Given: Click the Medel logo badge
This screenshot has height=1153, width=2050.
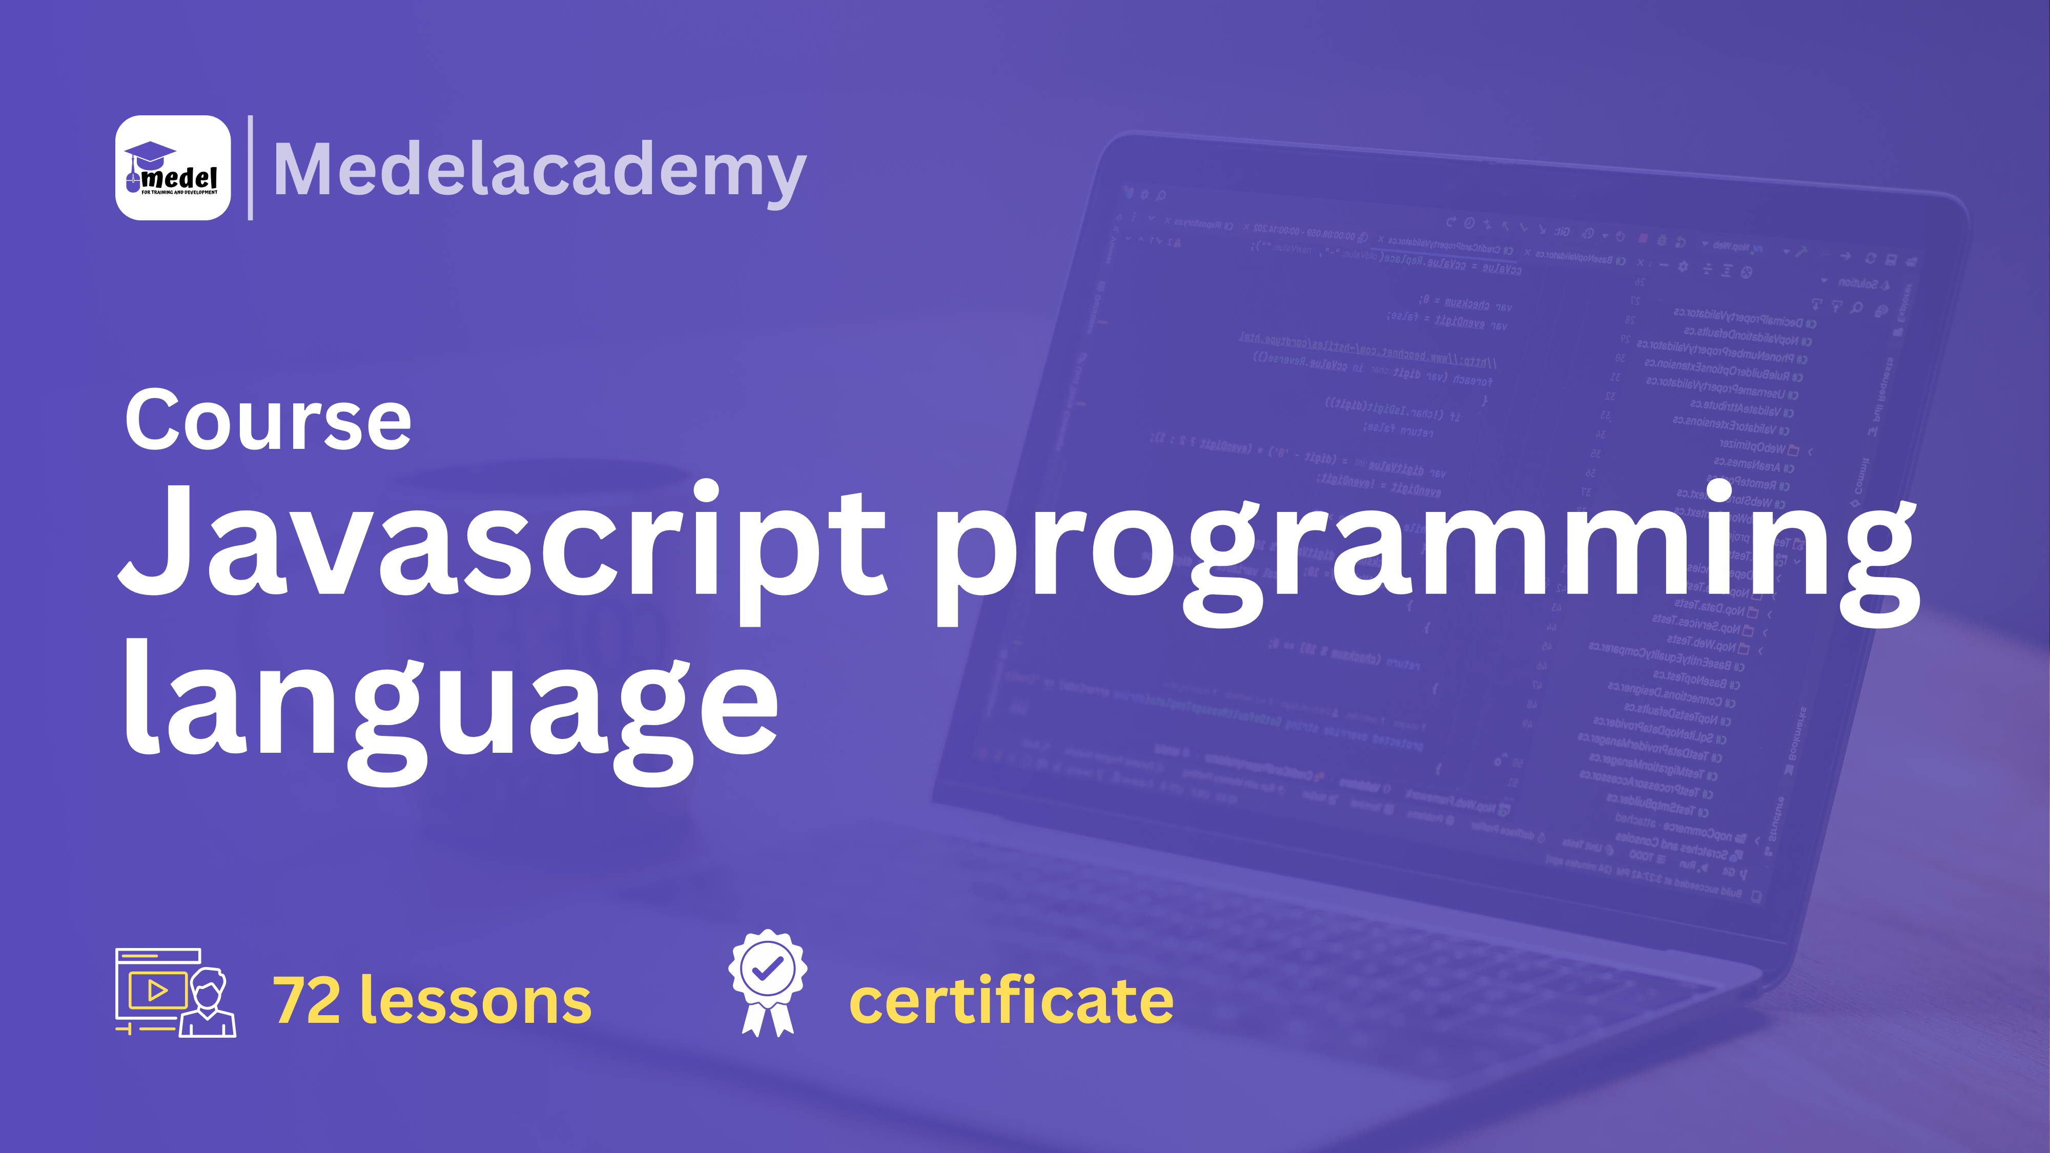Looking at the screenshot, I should coord(173,168).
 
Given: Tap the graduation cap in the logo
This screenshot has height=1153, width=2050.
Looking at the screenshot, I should coord(150,153).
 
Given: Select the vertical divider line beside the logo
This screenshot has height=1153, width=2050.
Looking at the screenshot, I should coord(251,168).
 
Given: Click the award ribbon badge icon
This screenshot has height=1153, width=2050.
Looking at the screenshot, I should coord(767,983).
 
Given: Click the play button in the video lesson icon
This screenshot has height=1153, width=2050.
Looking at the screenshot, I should coord(157,991).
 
